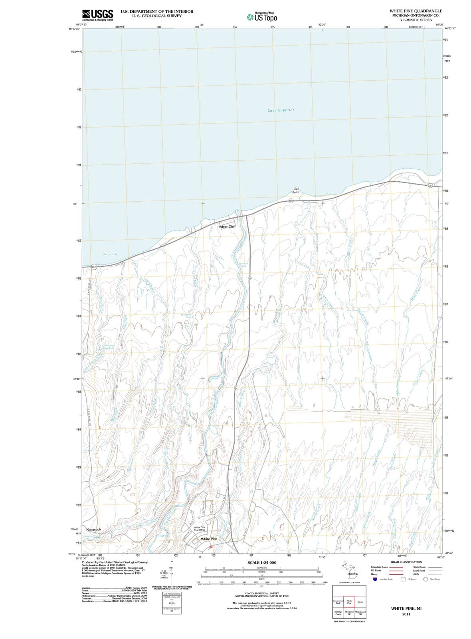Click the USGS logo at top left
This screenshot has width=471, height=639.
[97, 15]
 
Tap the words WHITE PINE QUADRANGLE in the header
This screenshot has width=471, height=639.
[416, 11]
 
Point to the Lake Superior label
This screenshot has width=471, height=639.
[281, 110]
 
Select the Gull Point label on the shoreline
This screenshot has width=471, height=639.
[296, 190]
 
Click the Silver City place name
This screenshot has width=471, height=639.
[227, 226]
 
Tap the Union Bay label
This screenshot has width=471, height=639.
[110, 254]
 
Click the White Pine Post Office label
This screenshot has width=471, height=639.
[200, 528]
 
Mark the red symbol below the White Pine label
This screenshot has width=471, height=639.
[212, 547]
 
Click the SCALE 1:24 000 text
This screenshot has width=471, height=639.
[262, 562]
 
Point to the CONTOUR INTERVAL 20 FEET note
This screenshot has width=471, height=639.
[261, 593]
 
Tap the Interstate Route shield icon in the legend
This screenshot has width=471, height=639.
[374, 579]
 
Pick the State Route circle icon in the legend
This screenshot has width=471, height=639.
[425, 579]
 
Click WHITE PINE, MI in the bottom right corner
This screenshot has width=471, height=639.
[406, 608]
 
